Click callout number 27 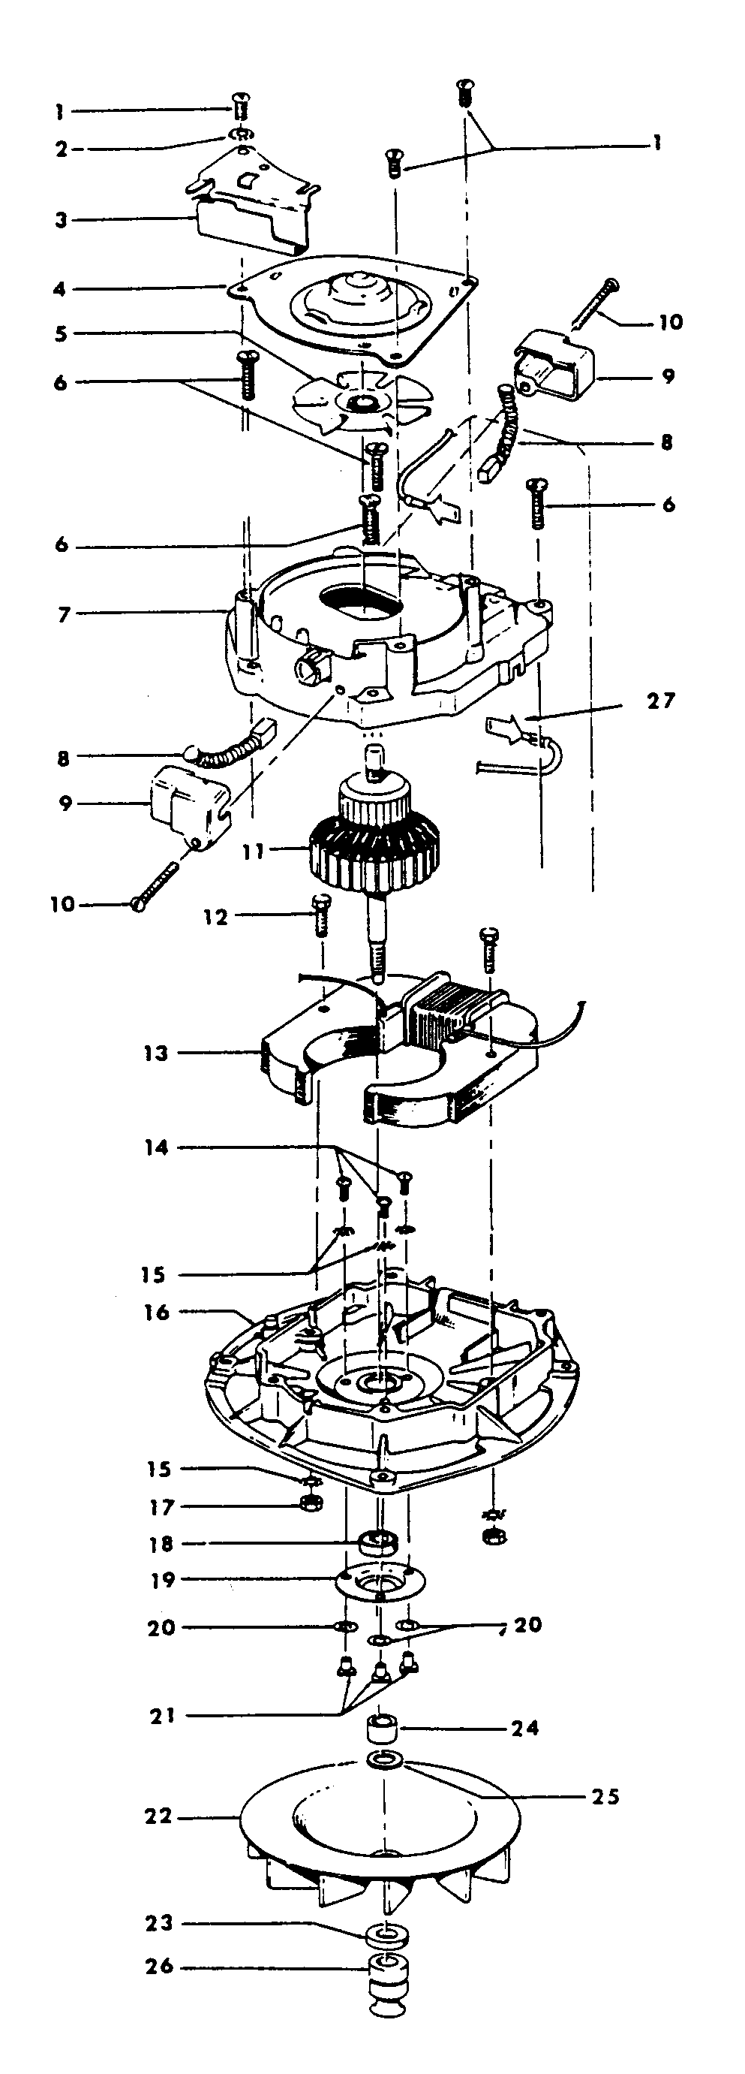661,701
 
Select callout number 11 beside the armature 254,851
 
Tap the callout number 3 61,220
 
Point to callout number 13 156,1053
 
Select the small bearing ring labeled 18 380,1542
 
